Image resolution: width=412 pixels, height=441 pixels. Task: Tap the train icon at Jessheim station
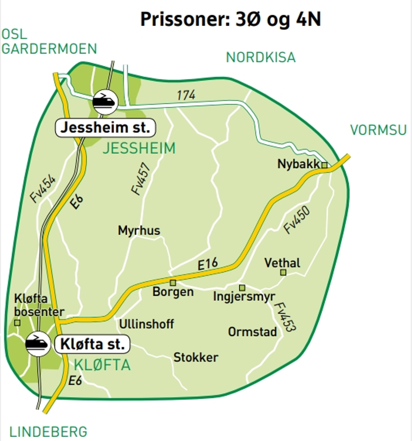coord(104,100)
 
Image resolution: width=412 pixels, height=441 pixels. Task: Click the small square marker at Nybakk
coord(325,165)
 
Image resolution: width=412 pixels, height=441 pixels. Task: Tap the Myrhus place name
coord(139,231)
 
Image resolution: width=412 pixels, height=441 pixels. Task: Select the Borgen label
coord(173,292)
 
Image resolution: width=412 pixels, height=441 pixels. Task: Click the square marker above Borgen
coord(173,282)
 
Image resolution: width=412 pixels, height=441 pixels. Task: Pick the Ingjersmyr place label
coord(244,297)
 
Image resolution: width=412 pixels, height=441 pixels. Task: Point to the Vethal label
coord(283,263)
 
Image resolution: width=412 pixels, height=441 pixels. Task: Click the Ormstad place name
coord(253,332)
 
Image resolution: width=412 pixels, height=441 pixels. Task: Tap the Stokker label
coord(196,358)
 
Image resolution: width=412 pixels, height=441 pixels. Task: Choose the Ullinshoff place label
coord(146,324)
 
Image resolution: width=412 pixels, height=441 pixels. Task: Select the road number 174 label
coord(186,95)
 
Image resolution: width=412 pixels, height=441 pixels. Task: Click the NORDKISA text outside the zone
coord(261,57)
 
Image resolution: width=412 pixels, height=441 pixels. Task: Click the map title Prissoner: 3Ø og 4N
coord(231,19)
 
